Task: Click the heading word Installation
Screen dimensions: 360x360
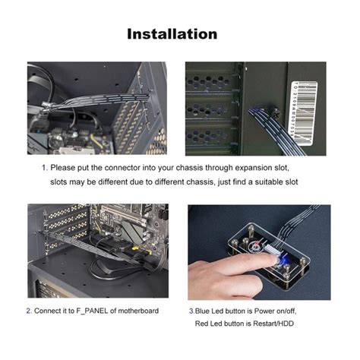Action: [172, 34]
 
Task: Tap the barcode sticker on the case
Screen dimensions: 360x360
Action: [305, 113]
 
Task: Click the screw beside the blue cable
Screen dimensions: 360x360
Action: [276, 112]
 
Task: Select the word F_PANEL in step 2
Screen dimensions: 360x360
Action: [92, 311]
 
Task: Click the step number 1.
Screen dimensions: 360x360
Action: [44, 168]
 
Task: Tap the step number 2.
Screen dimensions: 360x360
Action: [29, 311]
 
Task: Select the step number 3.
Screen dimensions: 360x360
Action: [191, 311]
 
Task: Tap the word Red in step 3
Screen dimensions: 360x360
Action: [201, 324]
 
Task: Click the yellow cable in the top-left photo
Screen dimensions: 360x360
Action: [96, 141]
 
